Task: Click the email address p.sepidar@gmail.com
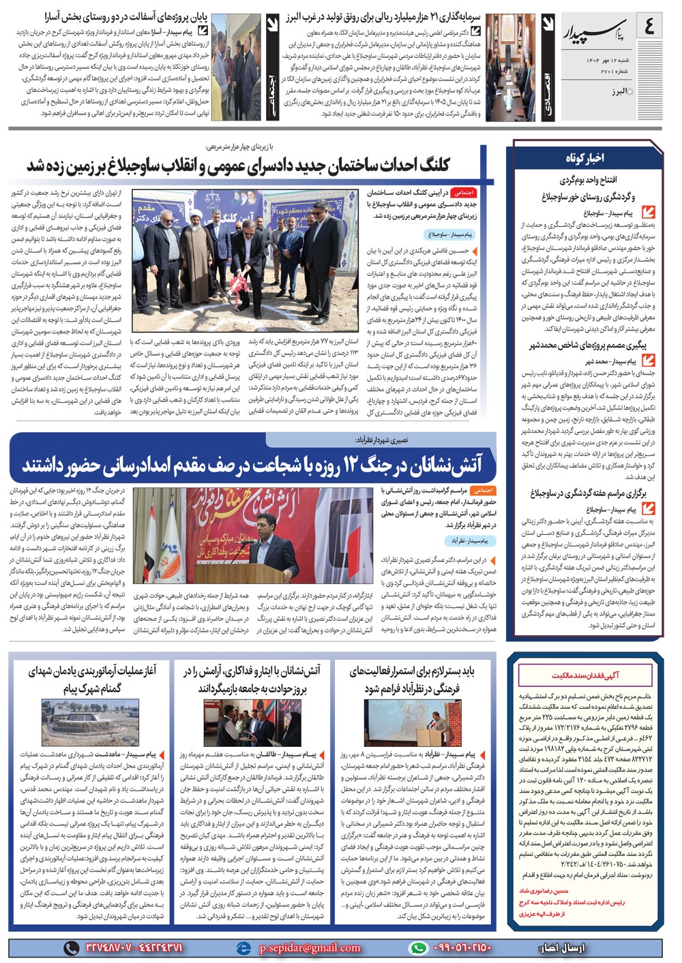click(310, 947)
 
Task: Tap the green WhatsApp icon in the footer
click(417, 947)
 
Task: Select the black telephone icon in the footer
click(71, 947)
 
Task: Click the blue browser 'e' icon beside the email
click(243, 947)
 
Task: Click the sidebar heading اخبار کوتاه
click(584, 158)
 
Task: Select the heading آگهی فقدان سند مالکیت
click(585, 675)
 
